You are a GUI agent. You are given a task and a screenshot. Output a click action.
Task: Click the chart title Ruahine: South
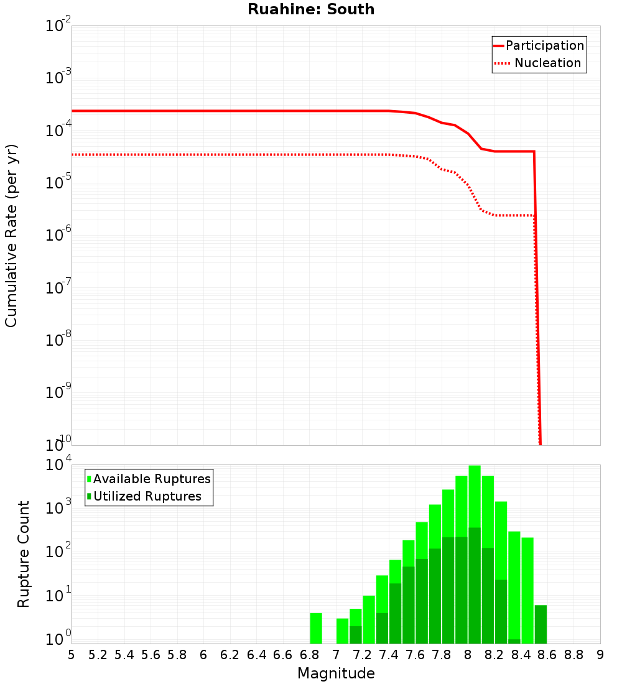311,10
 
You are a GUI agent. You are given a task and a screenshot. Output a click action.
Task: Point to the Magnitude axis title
336,673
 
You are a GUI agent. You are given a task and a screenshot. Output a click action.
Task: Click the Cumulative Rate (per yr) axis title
11,236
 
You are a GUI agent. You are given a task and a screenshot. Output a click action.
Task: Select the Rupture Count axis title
24,554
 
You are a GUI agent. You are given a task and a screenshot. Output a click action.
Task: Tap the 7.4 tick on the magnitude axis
389,655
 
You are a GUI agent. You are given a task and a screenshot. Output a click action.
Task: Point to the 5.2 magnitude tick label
98,655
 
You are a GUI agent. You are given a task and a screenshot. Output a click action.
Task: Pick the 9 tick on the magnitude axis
600,655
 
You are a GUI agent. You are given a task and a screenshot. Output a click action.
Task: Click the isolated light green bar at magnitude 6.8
316,628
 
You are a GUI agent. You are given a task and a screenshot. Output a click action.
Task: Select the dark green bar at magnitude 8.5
541,624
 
